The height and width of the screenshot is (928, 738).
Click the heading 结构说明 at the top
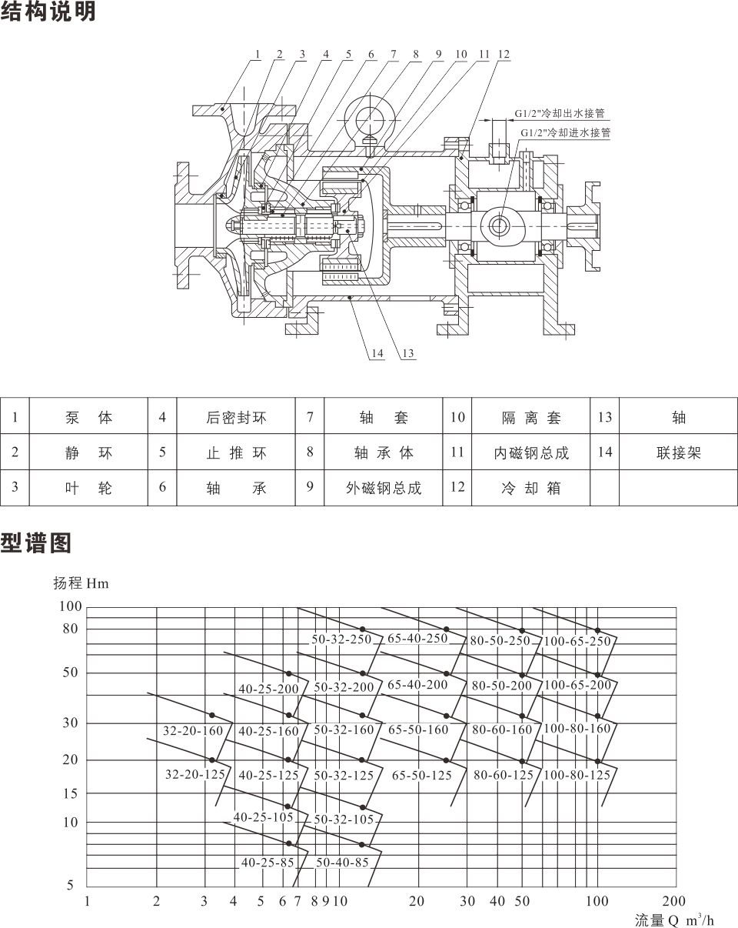coord(48,11)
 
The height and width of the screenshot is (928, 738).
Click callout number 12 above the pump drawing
coord(504,55)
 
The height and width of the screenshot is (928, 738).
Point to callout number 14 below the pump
coord(377,354)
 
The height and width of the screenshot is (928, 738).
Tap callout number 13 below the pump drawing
coord(408,354)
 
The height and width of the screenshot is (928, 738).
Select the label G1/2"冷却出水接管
coord(560,113)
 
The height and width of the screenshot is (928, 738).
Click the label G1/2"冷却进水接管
coord(566,132)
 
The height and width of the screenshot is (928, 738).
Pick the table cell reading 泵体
coord(88,417)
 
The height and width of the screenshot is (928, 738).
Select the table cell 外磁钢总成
coord(384,488)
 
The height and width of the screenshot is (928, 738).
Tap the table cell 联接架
coord(679,452)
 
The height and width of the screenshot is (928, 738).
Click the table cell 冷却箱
coord(530,488)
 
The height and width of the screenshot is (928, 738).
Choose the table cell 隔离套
coord(530,417)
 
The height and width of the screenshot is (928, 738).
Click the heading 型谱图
coord(35,543)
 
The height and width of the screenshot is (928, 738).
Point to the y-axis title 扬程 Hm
coord(81,583)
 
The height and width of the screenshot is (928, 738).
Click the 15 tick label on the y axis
coord(70,793)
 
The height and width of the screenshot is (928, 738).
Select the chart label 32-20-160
coord(193,730)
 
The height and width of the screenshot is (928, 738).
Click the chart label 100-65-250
coord(577,641)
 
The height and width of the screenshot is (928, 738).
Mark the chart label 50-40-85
coord(343,862)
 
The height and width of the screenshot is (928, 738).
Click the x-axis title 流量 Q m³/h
coord(674,920)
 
